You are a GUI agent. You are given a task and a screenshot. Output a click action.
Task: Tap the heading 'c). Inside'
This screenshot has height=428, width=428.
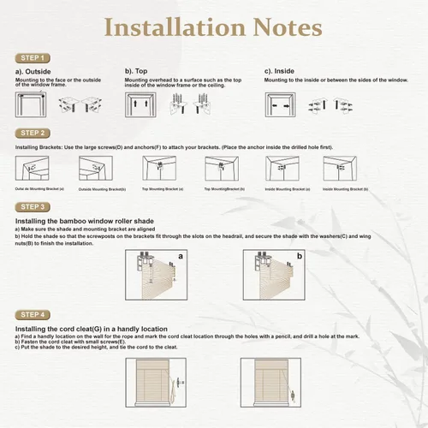point(280,71)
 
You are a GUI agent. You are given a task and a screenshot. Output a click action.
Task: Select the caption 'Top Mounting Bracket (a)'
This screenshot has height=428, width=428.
point(163,188)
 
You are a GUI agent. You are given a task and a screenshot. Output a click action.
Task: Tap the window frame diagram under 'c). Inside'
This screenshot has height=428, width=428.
point(280,104)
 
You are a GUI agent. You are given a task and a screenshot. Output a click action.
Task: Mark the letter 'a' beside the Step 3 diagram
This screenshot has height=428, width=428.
point(181,256)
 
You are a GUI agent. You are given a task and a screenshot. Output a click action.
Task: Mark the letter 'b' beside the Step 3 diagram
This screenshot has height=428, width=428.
point(300,256)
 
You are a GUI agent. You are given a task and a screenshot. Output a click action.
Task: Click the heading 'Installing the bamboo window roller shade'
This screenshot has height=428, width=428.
point(84,221)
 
